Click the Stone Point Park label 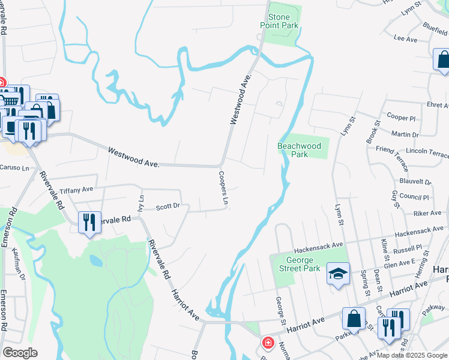[279, 21]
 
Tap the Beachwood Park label [299, 150]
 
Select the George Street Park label [299, 264]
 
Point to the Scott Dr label [167, 207]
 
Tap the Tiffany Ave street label [76, 190]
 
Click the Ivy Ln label [141, 203]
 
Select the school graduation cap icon [338, 274]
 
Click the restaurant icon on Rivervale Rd [89, 222]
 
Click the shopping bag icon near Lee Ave [443, 59]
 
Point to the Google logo [20, 353]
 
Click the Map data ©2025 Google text [411, 355]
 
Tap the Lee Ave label [405, 39]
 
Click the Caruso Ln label [14, 167]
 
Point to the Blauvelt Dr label [415, 181]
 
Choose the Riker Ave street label [427, 213]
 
